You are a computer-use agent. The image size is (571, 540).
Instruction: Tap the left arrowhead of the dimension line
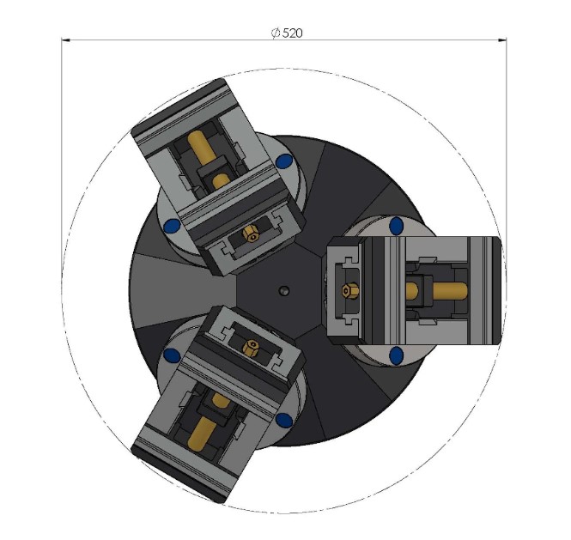tap(65, 39)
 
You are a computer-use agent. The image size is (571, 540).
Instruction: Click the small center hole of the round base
tap(282, 290)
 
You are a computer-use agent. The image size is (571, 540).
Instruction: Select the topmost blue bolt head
tap(283, 161)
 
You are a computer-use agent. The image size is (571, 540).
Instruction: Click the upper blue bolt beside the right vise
tap(396, 226)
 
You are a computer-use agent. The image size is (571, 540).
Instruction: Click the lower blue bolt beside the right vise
tap(396, 355)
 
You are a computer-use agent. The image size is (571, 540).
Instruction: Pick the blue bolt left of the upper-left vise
tap(170, 225)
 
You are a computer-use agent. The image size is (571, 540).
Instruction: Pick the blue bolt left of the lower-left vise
tap(171, 355)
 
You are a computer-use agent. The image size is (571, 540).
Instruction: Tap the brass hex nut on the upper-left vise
tap(251, 232)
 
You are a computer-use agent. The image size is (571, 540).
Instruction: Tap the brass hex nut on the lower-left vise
tap(250, 347)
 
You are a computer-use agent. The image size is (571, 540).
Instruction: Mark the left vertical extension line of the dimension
tap(61, 129)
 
